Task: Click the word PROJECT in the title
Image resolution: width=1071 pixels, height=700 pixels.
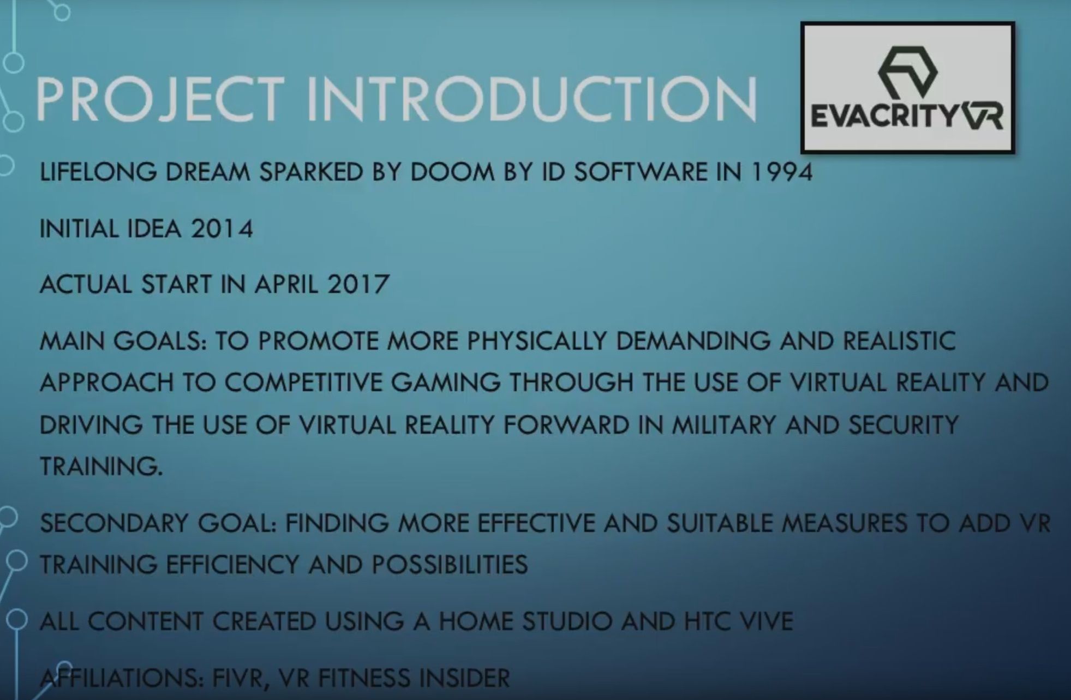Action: (x=160, y=99)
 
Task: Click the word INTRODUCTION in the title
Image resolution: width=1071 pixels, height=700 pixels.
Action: (x=532, y=99)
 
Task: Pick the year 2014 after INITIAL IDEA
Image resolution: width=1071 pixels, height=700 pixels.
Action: (x=222, y=229)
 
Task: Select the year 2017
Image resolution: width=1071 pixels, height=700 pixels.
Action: (x=358, y=284)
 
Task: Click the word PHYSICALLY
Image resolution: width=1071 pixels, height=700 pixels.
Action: (x=537, y=341)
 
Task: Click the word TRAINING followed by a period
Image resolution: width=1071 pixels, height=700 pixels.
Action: (x=101, y=466)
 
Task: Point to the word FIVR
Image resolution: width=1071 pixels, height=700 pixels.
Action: (x=240, y=678)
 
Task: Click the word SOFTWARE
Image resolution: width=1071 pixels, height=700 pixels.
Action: (x=641, y=172)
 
